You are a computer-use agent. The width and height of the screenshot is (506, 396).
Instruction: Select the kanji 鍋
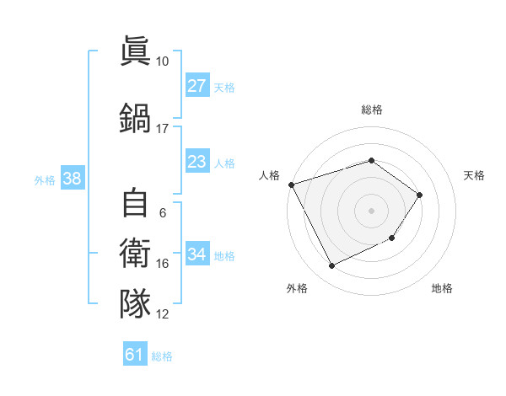136,115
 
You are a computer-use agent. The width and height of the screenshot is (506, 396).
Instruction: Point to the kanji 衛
136,252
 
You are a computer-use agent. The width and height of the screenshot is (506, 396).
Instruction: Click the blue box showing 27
196,86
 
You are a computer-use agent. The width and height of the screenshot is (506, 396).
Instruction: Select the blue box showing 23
196,162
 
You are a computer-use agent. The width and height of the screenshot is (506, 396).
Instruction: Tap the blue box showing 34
196,254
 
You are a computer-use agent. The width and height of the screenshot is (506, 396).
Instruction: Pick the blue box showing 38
71,179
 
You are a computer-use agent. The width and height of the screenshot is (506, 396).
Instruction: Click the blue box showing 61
134,356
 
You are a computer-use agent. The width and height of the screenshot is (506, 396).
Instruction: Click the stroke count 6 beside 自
162,212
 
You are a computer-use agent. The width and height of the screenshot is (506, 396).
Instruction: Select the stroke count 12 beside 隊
163,314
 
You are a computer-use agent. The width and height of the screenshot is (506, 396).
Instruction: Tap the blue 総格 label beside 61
162,356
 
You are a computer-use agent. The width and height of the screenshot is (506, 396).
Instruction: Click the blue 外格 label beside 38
45,179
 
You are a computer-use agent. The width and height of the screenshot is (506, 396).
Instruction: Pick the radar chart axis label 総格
371,110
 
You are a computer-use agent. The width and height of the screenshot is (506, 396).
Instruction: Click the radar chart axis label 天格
475,175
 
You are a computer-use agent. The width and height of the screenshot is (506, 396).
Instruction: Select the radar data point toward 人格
291,185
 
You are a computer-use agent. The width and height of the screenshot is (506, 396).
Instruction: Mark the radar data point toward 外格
331,266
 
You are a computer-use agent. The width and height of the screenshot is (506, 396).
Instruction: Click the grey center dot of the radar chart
371,210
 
